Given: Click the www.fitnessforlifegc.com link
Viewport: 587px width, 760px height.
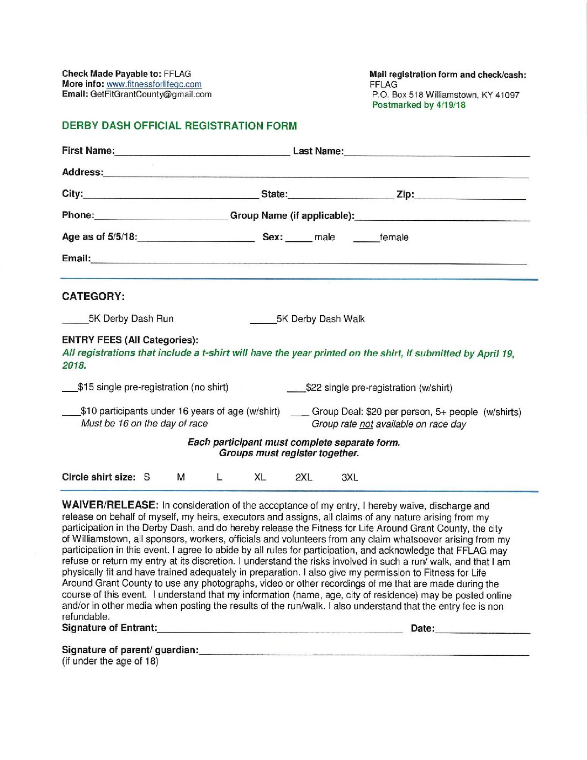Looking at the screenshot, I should [x=154, y=84].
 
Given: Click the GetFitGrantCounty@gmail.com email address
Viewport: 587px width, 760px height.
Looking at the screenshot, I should [x=151, y=94].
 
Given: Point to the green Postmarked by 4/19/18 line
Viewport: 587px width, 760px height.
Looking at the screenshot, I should [x=419, y=105].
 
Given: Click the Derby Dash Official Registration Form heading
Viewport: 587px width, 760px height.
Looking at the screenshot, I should [x=179, y=126].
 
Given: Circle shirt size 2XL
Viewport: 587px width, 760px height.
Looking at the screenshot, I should [x=304, y=477].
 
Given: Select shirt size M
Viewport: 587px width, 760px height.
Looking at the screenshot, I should [x=181, y=477].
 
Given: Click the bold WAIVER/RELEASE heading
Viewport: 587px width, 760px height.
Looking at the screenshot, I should [x=110, y=505].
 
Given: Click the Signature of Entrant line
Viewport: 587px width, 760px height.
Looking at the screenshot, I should [x=280, y=629].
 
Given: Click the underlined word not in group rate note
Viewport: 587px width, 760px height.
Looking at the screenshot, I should [x=366, y=424].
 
